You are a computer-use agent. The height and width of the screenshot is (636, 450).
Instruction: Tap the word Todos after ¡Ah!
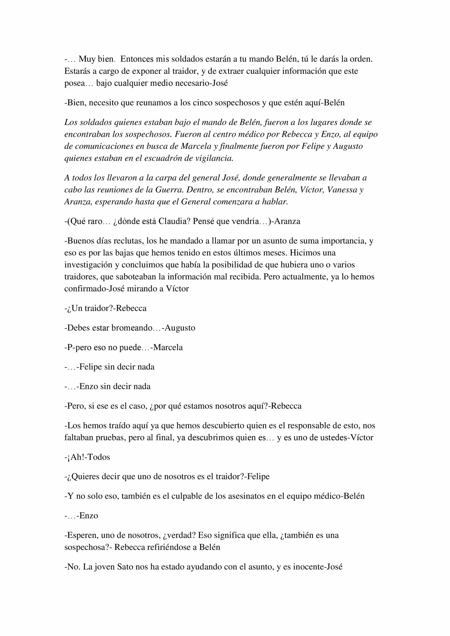point(99,457)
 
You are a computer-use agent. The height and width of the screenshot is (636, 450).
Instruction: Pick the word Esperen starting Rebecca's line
point(83,536)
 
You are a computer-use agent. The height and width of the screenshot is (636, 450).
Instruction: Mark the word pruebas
point(112,437)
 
